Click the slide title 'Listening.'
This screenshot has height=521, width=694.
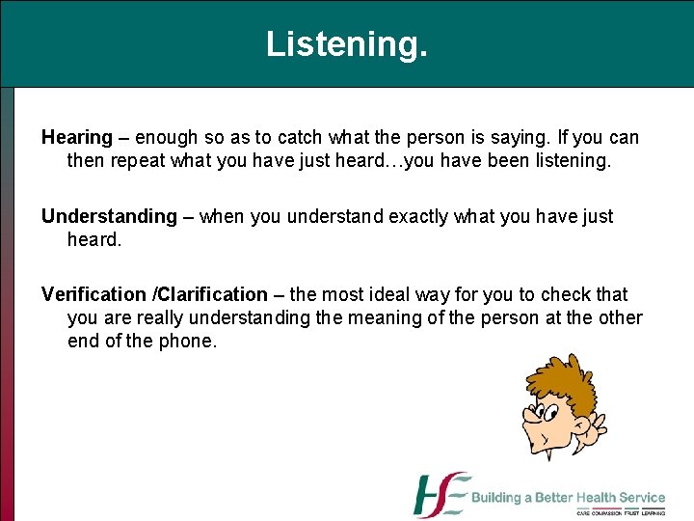point(346,44)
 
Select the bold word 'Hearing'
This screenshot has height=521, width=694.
point(76,138)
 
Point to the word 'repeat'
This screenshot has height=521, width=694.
point(137,159)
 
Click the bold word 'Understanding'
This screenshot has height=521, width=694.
point(109,216)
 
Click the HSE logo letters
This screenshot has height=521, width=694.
point(440,495)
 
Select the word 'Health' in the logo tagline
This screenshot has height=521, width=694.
point(597,498)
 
